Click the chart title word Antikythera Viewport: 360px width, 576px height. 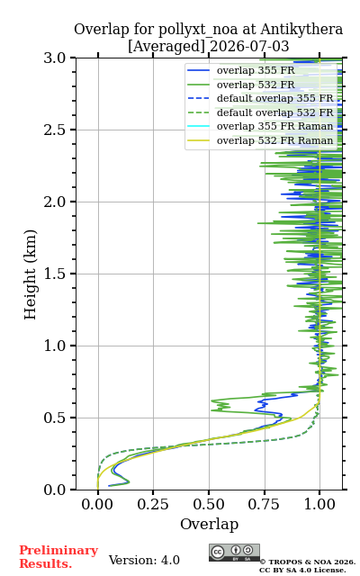(301, 30)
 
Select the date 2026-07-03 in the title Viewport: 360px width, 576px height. (249, 47)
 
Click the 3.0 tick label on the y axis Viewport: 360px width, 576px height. (55, 58)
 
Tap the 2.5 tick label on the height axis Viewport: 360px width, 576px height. (55, 130)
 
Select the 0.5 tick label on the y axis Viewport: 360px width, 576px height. (55, 418)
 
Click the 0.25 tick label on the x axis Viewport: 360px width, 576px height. (153, 504)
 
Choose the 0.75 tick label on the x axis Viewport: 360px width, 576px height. (264, 504)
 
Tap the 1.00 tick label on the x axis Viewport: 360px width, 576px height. (319, 504)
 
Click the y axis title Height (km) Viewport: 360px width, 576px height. (31, 274)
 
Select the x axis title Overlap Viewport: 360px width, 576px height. (209, 524)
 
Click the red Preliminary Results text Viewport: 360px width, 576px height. (58, 557)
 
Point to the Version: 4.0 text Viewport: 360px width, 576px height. (144, 560)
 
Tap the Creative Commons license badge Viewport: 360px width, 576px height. (234, 553)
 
